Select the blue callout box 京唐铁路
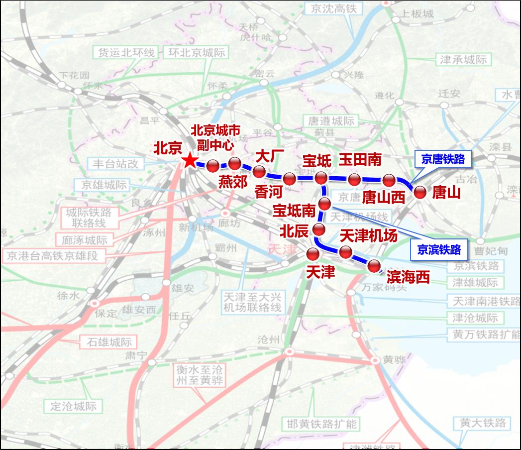[x=442, y=159]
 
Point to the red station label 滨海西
[x=408, y=277]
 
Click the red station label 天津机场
[x=368, y=235]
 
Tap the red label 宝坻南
[x=294, y=211]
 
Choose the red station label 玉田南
[x=360, y=159]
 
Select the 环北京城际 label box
[x=197, y=53]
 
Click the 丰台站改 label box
[x=115, y=163]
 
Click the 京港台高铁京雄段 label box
[x=56, y=256]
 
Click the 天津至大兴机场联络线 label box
[x=252, y=302]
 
